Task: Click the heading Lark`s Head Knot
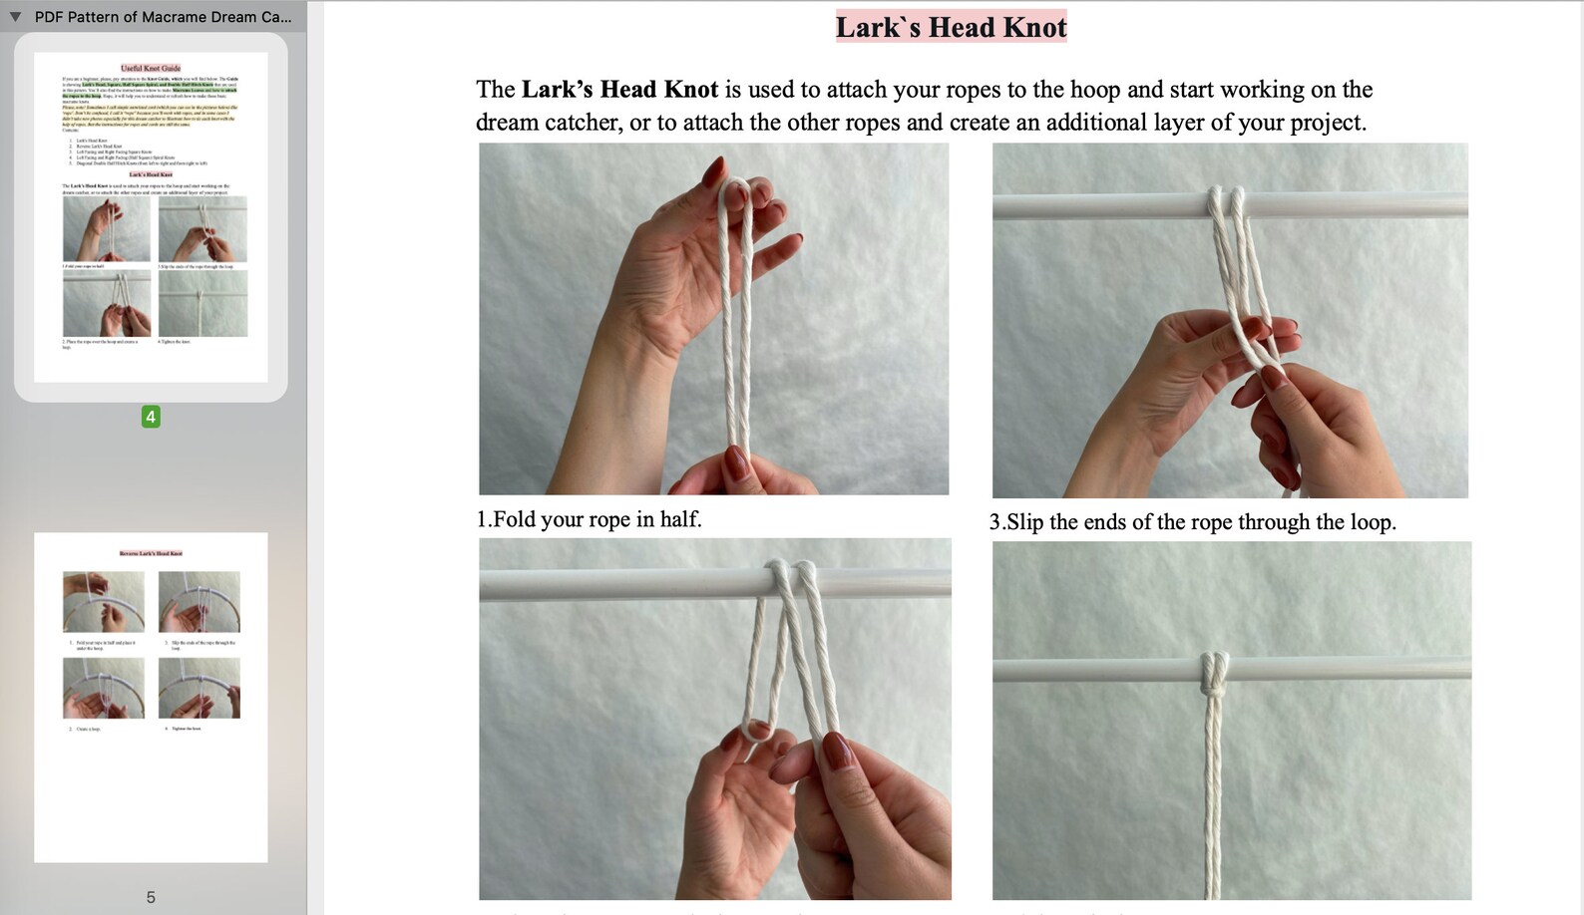pos(951,27)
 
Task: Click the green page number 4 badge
pos(151,417)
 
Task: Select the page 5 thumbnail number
pos(151,897)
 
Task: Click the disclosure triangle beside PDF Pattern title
pos(15,17)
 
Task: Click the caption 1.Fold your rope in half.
pos(589,519)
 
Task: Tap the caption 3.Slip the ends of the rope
pos(1192,522)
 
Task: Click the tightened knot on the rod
pos(1214,675)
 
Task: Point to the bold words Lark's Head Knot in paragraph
pos(619,90)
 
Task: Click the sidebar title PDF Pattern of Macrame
pos(163,17)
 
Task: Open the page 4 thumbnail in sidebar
pos(151,216)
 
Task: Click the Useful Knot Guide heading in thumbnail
pos(151,69)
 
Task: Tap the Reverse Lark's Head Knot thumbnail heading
pos(151,553)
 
